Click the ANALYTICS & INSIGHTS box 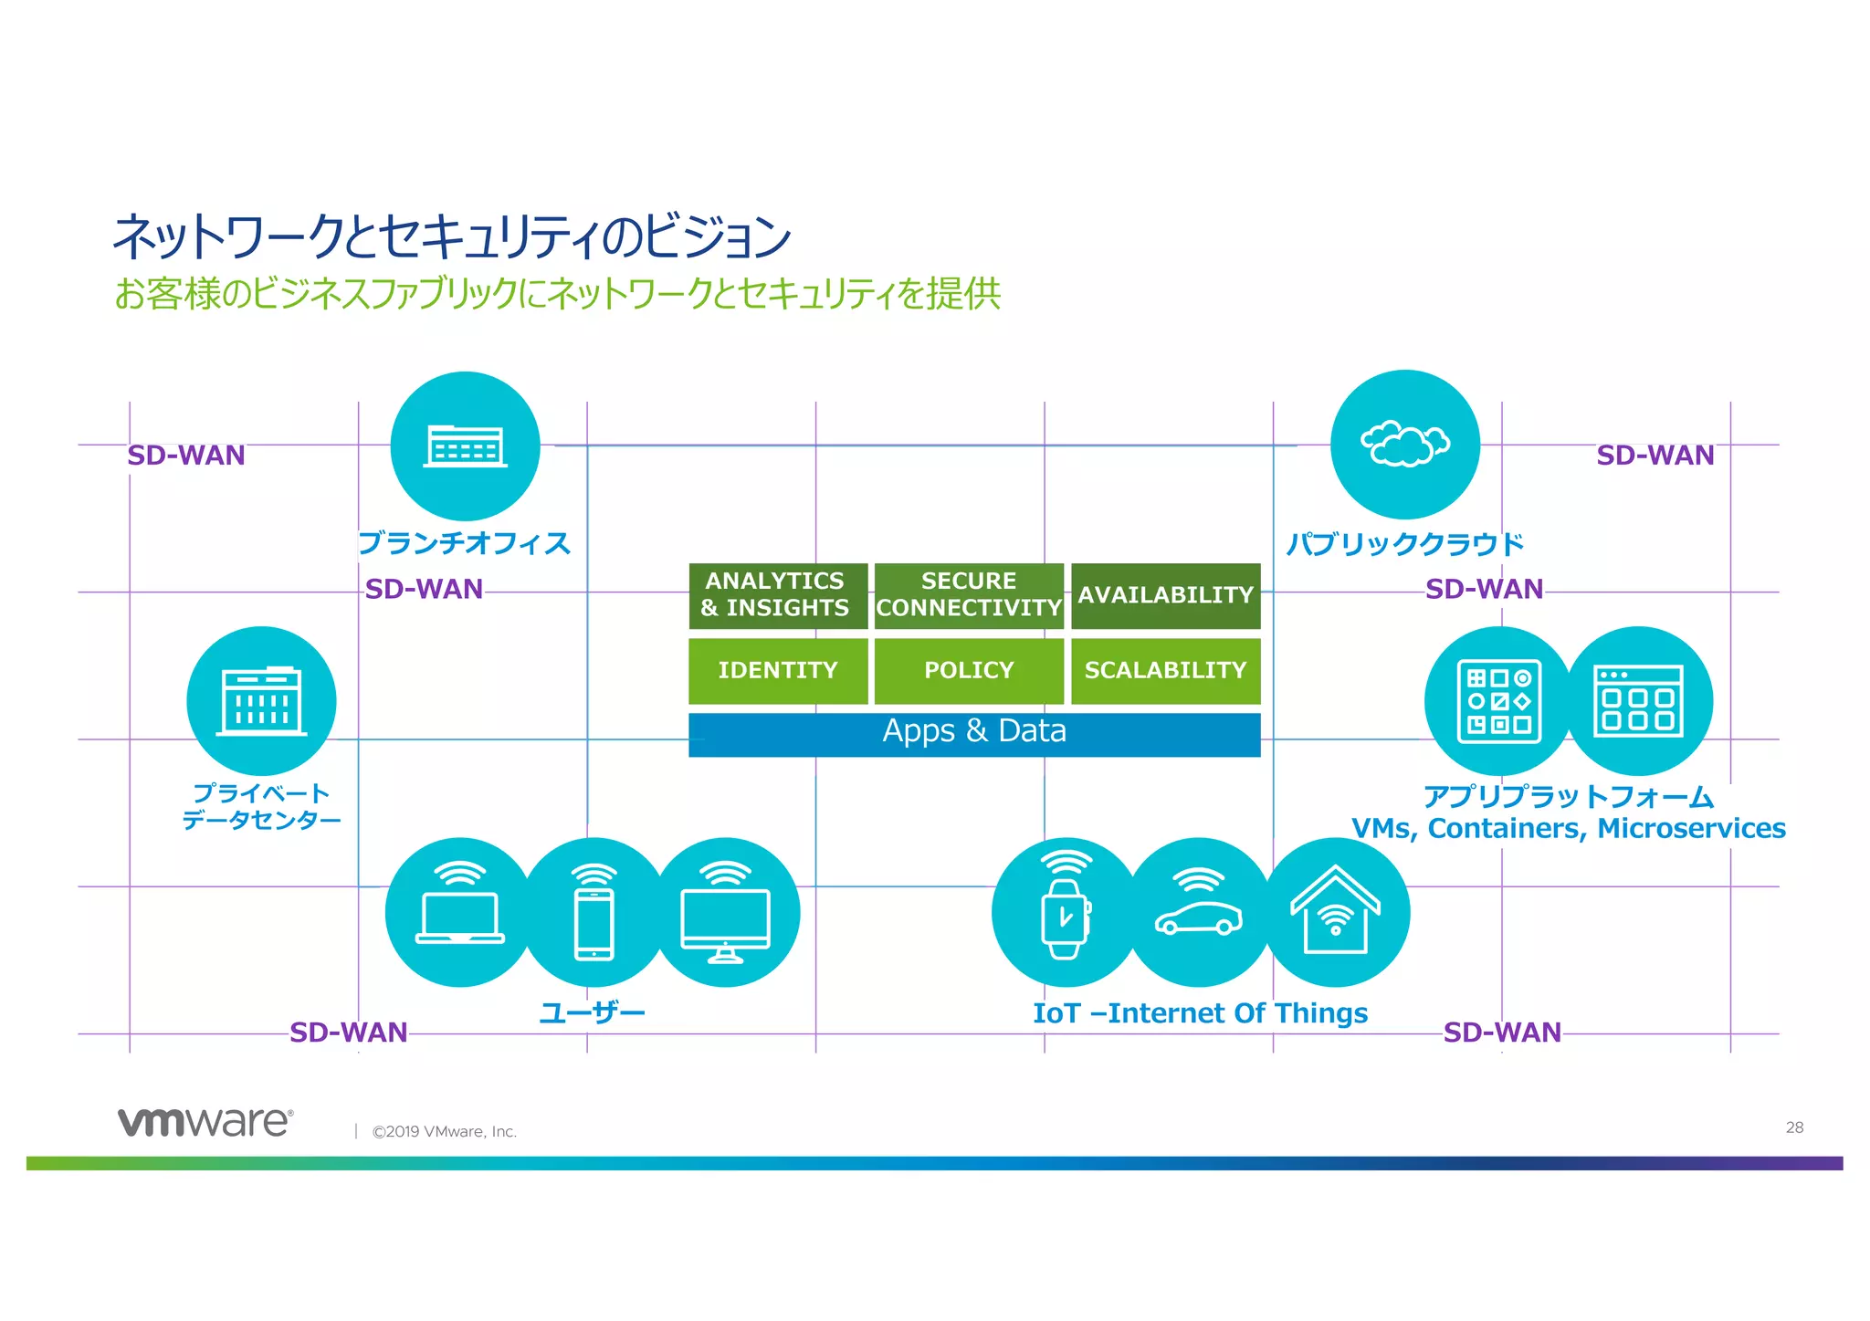click(777, 595)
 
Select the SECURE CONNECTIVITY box click(969, 595)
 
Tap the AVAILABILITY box click(1165, 595)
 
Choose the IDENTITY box click(777, 671)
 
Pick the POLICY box click(969, 671)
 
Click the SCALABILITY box click(1165, 671)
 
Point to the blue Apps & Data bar click(974, 734)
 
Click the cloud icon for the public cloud click(1404, 445)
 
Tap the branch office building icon click(465, 446)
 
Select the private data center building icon click(261, 701)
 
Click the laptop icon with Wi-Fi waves click(460, 912)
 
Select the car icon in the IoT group click(1199, 912)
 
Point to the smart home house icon click(1335, 912)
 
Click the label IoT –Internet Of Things click(1200, 1013)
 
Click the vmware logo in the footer click(205, 1122)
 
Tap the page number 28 click(1794, 1127)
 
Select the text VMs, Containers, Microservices click(1568, 829)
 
